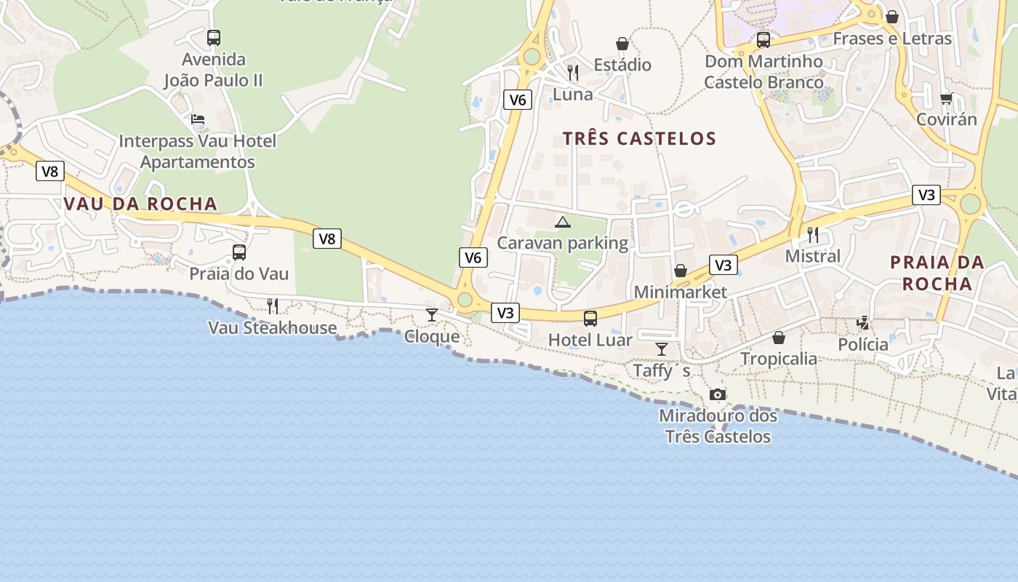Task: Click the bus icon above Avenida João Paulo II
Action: tap(213, 37)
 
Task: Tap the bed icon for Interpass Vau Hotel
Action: tap(197, 119)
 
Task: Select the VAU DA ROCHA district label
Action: tap(140, 204)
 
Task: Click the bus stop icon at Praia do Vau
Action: tap(239, 252)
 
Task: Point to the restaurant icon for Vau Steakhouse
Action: tap(272, 306)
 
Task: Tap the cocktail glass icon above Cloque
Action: tap(432, 314)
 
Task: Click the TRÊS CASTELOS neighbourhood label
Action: tap(639, 138)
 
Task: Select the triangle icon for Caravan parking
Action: tap(562, 222)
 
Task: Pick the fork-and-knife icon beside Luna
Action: tap(573, 72)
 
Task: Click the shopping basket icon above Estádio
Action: tap(622, 44)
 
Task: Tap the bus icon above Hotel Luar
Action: tap(590, 318)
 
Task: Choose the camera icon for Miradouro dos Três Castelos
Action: tap(718, 394)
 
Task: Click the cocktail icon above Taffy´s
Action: tap(661, 349)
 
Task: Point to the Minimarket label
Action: tap(680, 292)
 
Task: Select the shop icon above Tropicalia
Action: tap(778, 338)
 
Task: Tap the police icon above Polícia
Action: tap(863, 322)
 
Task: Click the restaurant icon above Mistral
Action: tap(812, 234)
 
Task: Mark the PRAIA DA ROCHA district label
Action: tap(937, 273)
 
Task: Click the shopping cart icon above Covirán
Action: tap(945, 97)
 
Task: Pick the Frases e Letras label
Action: tap(891, 39)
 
